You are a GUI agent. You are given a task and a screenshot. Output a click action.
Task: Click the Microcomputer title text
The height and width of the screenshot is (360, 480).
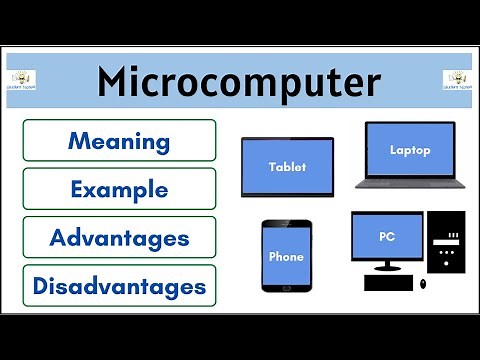(x=239, y=82)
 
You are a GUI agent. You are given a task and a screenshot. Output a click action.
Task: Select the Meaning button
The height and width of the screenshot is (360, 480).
(x=119, y=140)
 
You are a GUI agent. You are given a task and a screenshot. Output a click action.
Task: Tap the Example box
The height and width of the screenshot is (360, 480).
(x=119, y=188)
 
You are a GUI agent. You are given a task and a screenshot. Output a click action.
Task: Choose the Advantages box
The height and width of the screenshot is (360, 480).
(x=119, y=237)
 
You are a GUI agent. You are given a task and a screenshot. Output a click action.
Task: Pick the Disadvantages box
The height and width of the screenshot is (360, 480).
(x=119, y=286)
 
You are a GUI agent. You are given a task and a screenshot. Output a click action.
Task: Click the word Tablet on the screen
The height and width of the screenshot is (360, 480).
(x=287, y=167)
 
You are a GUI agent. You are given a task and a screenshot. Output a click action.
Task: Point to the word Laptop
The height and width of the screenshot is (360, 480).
(x=410, y=151)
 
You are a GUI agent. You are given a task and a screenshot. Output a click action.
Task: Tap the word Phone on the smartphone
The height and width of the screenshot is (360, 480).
(x=287, y=256)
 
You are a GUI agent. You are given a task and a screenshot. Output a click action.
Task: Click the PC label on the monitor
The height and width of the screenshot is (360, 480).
(x=387, y=238)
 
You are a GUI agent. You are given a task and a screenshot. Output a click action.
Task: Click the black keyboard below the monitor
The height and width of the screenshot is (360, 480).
(x=394, y=284)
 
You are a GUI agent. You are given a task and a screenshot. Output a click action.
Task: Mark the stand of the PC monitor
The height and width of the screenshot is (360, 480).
(x=387, y=267)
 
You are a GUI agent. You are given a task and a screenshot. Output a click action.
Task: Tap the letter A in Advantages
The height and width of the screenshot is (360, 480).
(x=59, y=238)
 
